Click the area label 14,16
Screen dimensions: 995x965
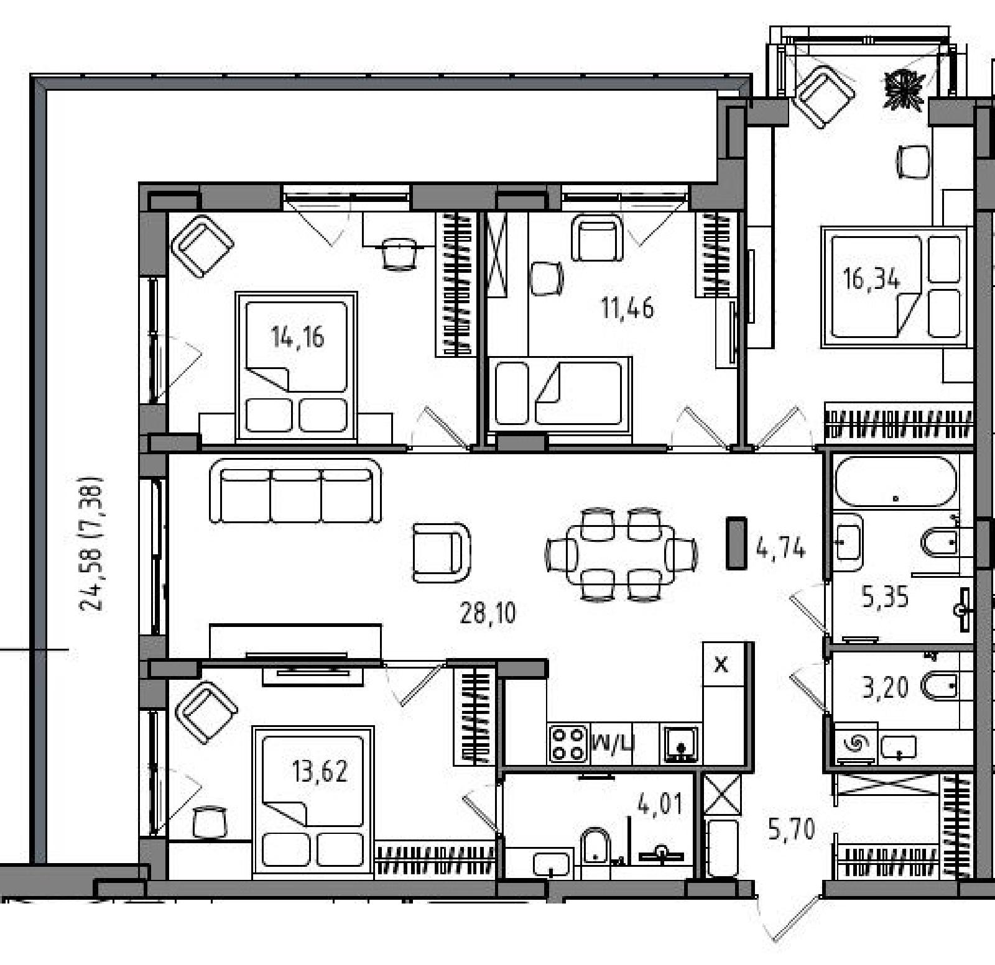click(x=297, y=337)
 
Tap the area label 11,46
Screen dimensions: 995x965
click(x=627, y=308)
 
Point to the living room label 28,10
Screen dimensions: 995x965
click(x=488, y=613)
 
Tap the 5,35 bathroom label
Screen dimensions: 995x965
click(x=884, y=597)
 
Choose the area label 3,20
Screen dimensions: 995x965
click(x=885, y=687)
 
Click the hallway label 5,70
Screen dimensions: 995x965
click(x=791, y=829)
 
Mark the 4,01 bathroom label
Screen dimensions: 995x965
click(x=660, y=804)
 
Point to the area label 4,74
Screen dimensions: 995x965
click(x=780, y=549)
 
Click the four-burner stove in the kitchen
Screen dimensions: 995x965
click(x=568, y=743)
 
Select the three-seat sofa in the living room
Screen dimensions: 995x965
click(x=295, y=491)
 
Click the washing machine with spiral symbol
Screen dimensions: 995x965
click(x=856, y=742)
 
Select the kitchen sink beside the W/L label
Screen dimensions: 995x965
click(x=680, y=743)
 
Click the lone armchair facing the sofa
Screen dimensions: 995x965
click(x=442, y=552)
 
